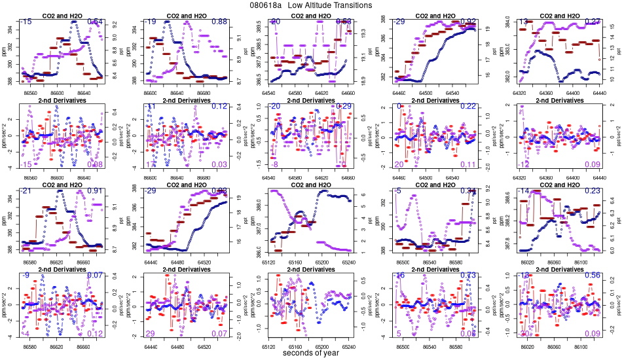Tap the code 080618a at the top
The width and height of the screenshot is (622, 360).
(266, 5)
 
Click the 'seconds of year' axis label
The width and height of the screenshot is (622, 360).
(311, 353)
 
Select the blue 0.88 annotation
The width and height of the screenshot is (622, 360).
(219, 22)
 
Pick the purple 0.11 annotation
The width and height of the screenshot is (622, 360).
(467, 164)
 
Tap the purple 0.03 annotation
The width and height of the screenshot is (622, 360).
(219, 164)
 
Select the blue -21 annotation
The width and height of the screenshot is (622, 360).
(27, 190)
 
